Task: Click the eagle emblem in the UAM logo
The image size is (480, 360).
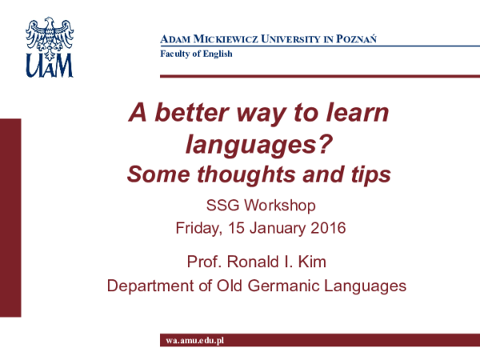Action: pyautogui.click(x=50, y=38)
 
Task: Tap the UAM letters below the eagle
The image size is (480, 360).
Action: pyautogui.click(x=50, y=66)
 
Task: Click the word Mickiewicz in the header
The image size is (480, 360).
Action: pyautogui.click(x=226, y=39)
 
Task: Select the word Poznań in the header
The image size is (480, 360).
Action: pyautogui.click(x=356, y=38)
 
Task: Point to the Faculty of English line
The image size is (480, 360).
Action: pyautogui.click(x=196, y=54)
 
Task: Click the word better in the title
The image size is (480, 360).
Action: pyautogui.click(x=192, y=112)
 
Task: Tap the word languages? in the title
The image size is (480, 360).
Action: pyautogui.click(x=259, y=145)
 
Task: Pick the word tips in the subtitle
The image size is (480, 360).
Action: pyautogui.click(x=370, y=174)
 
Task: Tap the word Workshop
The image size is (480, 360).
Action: pyautogui.click(x=280, y=205)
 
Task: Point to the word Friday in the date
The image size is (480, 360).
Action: pyautogui.click(x=199, y=228)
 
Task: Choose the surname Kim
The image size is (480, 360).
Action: pyautogui.click(x=312, y=262)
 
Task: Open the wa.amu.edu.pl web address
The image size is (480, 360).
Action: pyautogui.click(x=195, y=341)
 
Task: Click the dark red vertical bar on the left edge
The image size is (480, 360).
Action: pyautogui.click(x=10, y=218)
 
